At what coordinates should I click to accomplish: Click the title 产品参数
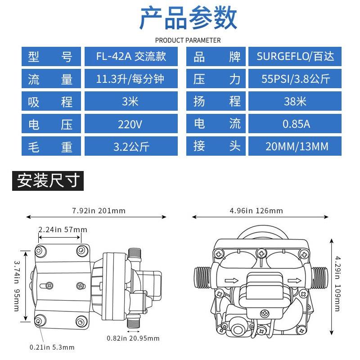click(x=188, y=19)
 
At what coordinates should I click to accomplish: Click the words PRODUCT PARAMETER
click(x=188, y=40)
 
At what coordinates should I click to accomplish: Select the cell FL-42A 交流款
click(x=131, y=57)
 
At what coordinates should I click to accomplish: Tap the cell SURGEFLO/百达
click(x=296, y=57)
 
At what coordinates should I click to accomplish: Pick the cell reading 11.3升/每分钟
click(x=131, y=79)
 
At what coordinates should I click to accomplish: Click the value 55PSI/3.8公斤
click(x=296, y=79)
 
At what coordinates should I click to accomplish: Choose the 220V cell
click(x=131, y=124)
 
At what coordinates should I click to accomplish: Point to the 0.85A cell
click(x=296, y=124)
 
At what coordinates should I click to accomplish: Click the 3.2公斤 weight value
click(x=131, y=146)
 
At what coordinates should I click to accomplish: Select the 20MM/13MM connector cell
click(x=296, y=146)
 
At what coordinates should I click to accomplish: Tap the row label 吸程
click(x=50, y=102)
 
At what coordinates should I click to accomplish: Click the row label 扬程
click(x=216, y=102)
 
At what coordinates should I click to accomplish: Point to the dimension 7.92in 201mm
click(x=99, y=211)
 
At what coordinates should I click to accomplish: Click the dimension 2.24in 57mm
click(x=63, y=229)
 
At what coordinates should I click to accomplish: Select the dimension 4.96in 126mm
click(x=256, y=211)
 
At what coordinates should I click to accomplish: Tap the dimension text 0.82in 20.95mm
click(x=133, y=338)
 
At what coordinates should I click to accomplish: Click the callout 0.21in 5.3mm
click(x=52, y=347)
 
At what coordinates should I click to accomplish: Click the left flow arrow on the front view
click(x=232, y=281)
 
